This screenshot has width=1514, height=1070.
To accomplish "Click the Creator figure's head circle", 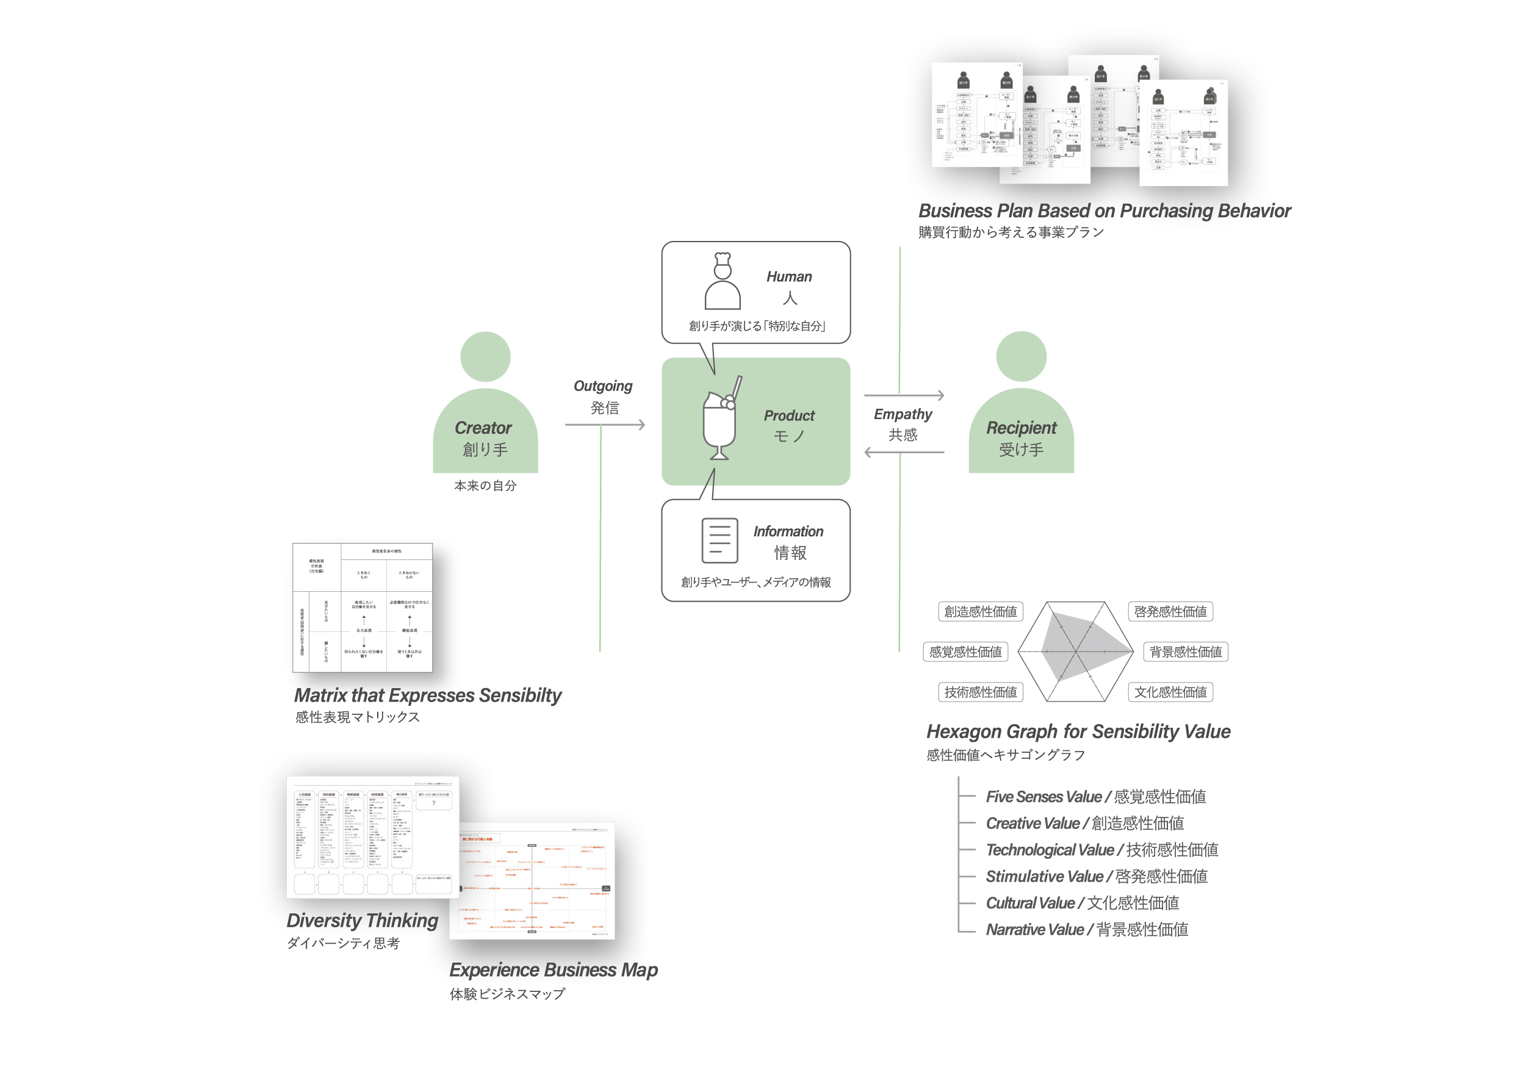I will coord(485,357).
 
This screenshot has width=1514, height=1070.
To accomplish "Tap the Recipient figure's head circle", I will coord(1021,357).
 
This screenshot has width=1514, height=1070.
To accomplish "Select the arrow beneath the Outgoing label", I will coord(605,425).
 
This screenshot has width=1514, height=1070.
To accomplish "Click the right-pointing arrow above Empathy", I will coord(904,395).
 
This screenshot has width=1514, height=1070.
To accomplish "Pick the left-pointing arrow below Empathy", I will coord(904,452).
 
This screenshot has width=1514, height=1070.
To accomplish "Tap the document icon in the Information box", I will coord(719,540).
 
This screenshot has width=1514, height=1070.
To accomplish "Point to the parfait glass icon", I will coord(721,419).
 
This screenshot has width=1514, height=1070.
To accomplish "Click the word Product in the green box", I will coord(788,416).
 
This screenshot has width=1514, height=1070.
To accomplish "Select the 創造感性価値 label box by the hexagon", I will coord(980,612).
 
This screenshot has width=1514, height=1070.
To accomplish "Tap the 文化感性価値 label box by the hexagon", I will coord(1170,692).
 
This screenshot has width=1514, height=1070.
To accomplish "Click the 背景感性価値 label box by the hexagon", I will coord(1185,652).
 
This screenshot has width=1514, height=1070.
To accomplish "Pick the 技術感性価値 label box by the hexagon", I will coord(980,692).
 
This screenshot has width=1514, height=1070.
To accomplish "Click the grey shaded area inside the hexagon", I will coord(1081,646).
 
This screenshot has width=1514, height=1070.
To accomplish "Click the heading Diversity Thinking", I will coord(362,921).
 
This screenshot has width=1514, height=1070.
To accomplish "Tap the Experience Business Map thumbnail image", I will coord(533,881).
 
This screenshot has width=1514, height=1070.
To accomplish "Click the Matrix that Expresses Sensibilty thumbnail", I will coord(362,608).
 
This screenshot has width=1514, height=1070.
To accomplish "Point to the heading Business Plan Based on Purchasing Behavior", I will coord(1104,211).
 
